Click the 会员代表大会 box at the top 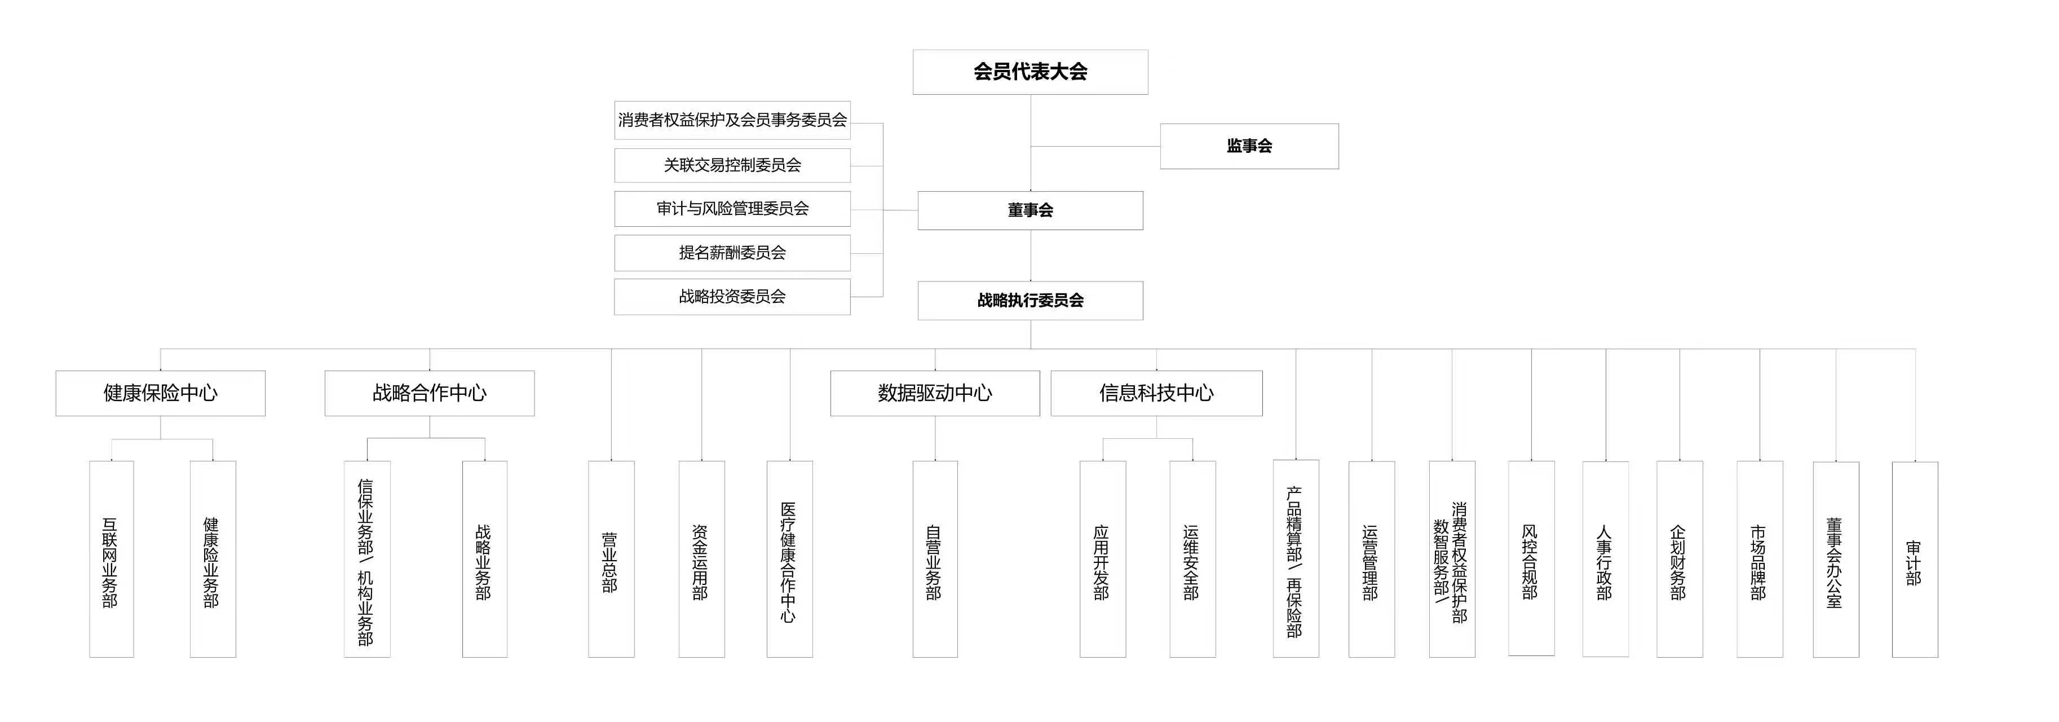[x=1029, y=72]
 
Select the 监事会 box [x=1248, y=146]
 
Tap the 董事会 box [x=1029, y=210]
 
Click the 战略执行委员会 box [x=1029, y=301]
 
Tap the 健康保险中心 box [x=160, y=393]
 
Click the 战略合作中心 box [x=429, y=393]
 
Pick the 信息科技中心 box [x=1156, y=393]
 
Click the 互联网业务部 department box [x=111, y=559]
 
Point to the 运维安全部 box [x=1192, y=559]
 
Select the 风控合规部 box [x=1531, y=559]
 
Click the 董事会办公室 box [x=1835, y=559]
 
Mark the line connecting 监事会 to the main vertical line [x=1095, y=146]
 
